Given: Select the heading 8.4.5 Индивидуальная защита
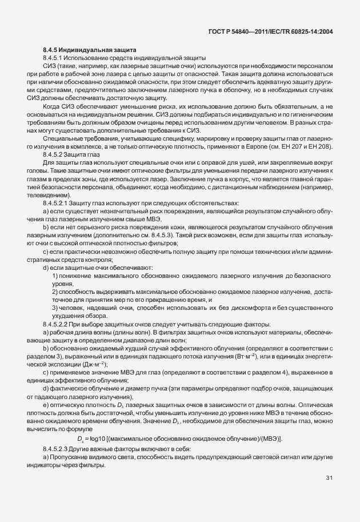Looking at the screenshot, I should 90,50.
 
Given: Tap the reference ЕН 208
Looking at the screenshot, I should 321,147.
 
